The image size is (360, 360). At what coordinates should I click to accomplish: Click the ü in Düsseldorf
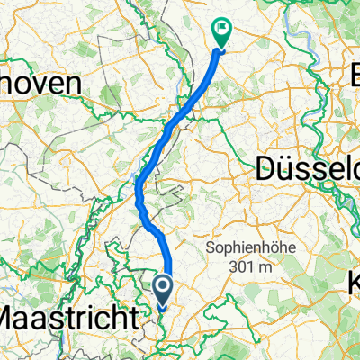click(288, 166)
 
